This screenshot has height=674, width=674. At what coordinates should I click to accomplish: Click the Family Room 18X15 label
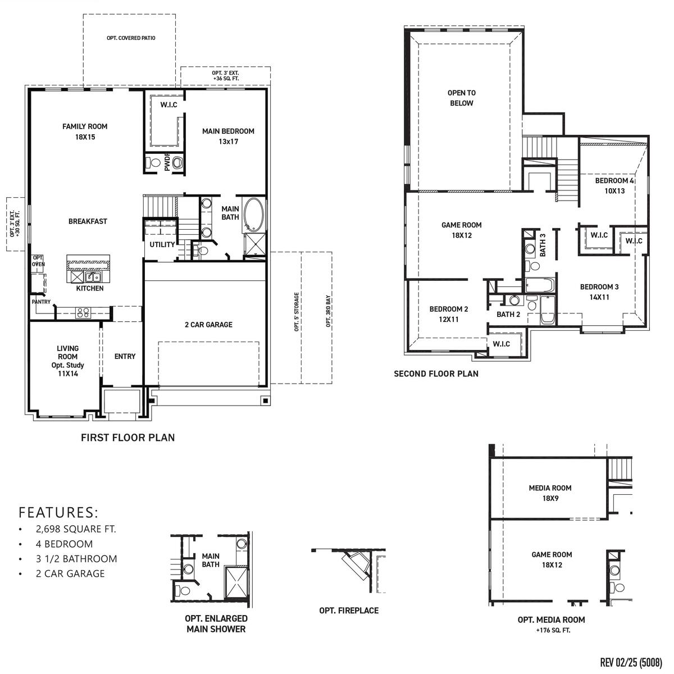click(85, 131)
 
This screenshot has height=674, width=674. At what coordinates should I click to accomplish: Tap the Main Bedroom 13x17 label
click(228, 136)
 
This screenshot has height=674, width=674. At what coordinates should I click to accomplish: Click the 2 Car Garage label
click(208, 325)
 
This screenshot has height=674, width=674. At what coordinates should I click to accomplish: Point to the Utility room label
click(162, 244)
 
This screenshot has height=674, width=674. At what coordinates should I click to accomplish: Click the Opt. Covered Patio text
click(130, 38)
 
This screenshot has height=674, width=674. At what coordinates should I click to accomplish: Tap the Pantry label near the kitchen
click(41, 302)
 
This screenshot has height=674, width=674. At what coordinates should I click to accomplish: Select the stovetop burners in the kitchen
click(84, 312)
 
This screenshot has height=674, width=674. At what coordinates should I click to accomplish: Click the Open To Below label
click(461, 98)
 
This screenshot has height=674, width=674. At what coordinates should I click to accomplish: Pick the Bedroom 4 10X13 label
click(614, 185)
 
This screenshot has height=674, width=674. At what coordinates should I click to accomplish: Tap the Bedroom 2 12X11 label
click(449, 314)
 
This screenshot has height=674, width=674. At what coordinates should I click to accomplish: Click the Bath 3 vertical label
click(543, 245)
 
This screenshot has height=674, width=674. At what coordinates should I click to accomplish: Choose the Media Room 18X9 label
click(550, 493)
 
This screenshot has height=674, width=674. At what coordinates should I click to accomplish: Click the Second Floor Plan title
click(436, 374)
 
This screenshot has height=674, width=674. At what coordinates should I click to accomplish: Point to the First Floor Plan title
click(128, 438)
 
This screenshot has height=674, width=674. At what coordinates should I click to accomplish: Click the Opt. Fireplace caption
click(349, 611)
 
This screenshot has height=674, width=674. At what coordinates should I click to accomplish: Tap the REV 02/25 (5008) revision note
click(631, 662)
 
